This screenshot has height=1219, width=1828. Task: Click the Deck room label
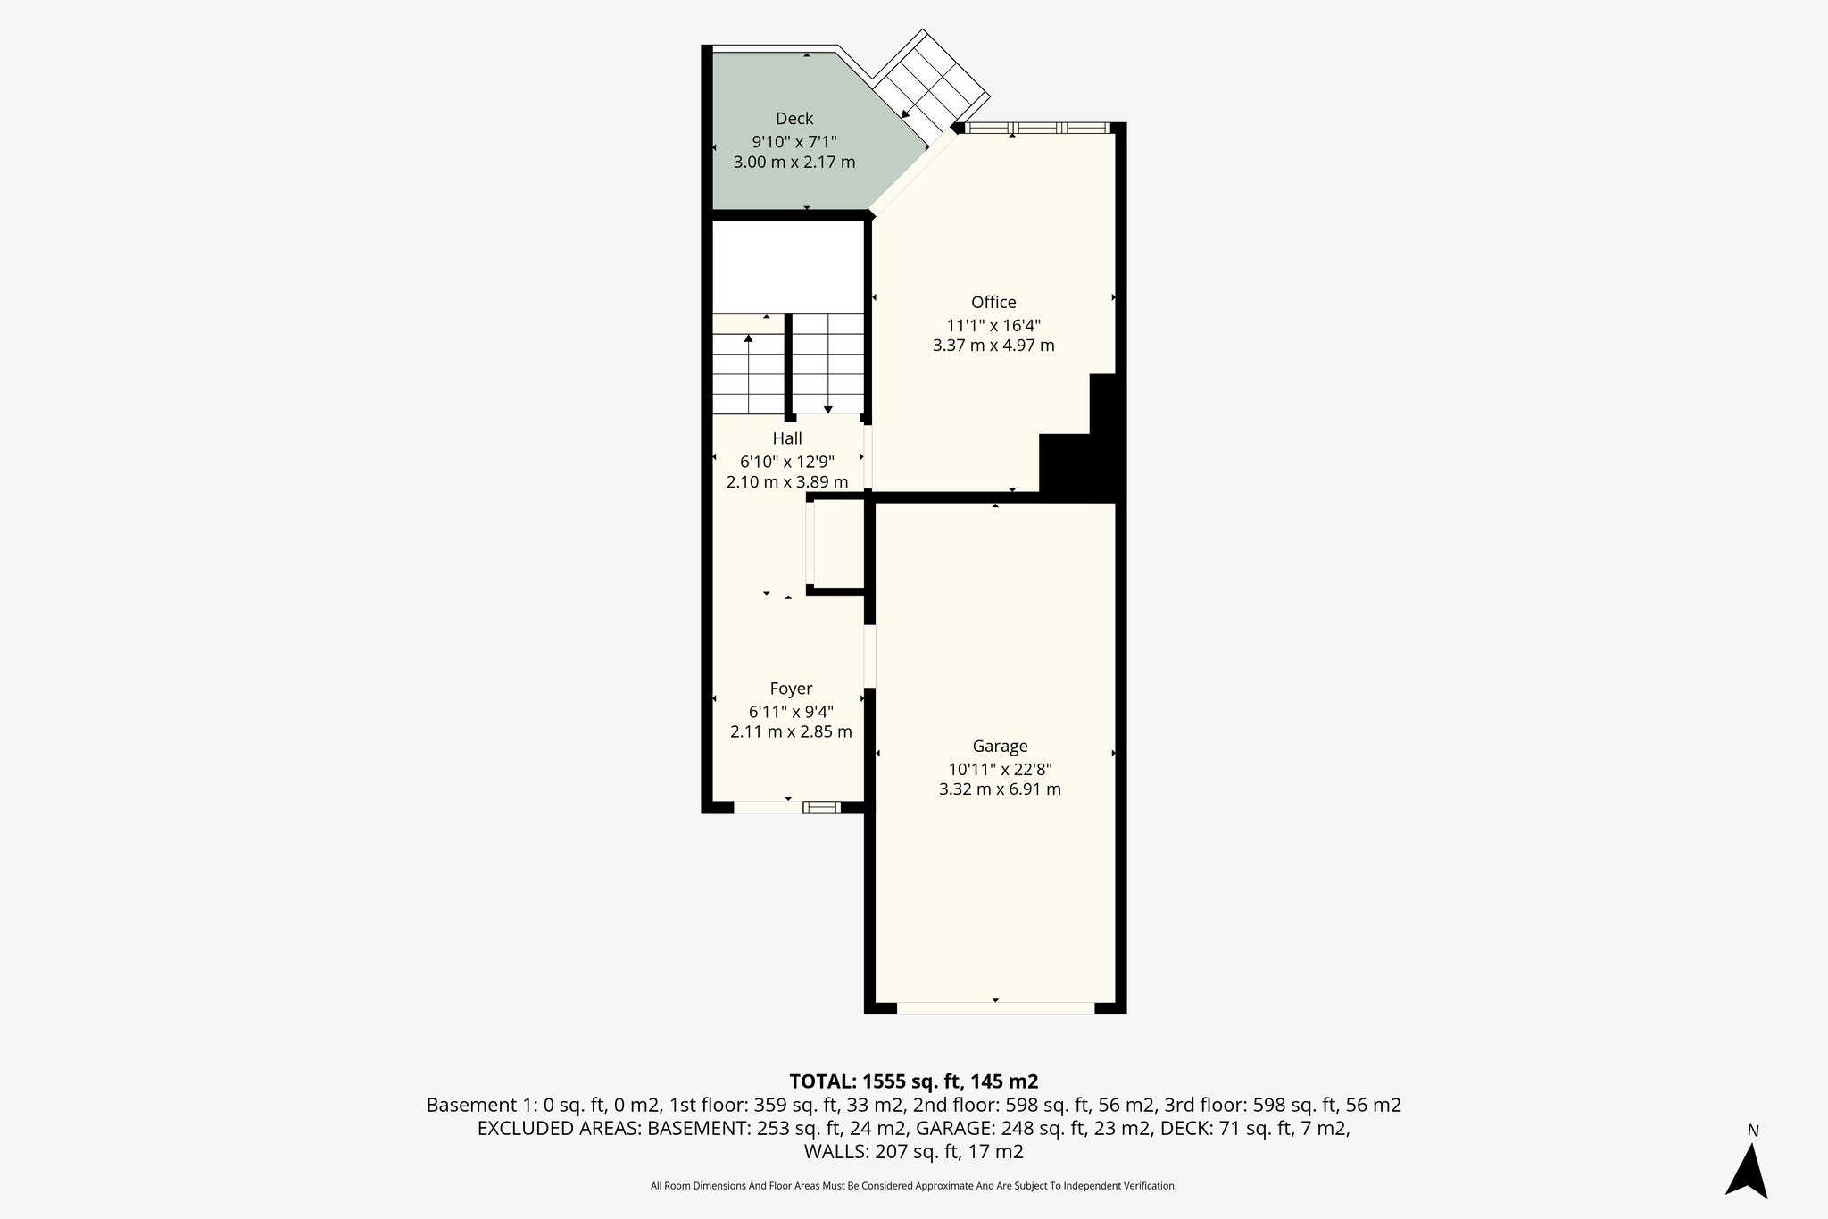tap(794, 119)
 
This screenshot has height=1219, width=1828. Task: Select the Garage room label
tap(1000, 746)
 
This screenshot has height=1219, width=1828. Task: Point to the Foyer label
tap(791, 689)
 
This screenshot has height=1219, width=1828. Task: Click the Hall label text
tap(787, 438)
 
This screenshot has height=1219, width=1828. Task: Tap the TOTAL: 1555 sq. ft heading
tap(913, 1081)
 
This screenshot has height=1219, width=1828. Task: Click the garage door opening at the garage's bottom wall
tap(995, 1008)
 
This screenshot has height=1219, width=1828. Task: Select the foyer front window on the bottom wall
tap(821, 807)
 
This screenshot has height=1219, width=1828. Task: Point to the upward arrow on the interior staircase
tap(748, 339)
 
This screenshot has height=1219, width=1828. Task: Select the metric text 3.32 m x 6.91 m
tap(1000, 789)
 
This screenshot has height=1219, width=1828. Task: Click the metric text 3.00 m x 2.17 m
tap(794, 163)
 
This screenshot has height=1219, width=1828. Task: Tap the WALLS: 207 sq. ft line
tap(913, 1152)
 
